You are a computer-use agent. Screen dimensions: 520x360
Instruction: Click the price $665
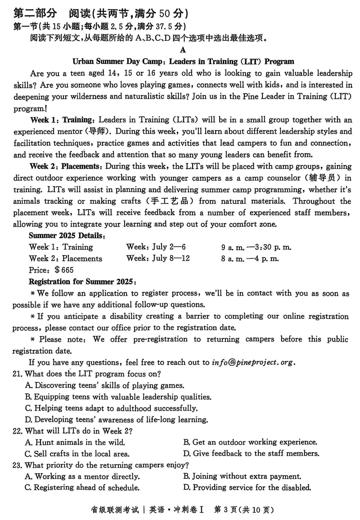[64, 270]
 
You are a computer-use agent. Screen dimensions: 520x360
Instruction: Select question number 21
[18, 374]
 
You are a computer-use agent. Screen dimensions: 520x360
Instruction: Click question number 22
[18, 431]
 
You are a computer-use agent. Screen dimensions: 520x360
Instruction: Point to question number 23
[18, 465]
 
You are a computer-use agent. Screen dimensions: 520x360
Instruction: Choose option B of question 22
[250, 442]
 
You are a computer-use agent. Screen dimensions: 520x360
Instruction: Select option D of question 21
[117, 420]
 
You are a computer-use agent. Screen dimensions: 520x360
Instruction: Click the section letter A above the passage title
[182, 50]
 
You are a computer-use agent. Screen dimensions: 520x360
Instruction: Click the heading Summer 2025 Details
[67, 235]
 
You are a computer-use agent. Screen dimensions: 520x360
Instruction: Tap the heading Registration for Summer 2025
[81, 282]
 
